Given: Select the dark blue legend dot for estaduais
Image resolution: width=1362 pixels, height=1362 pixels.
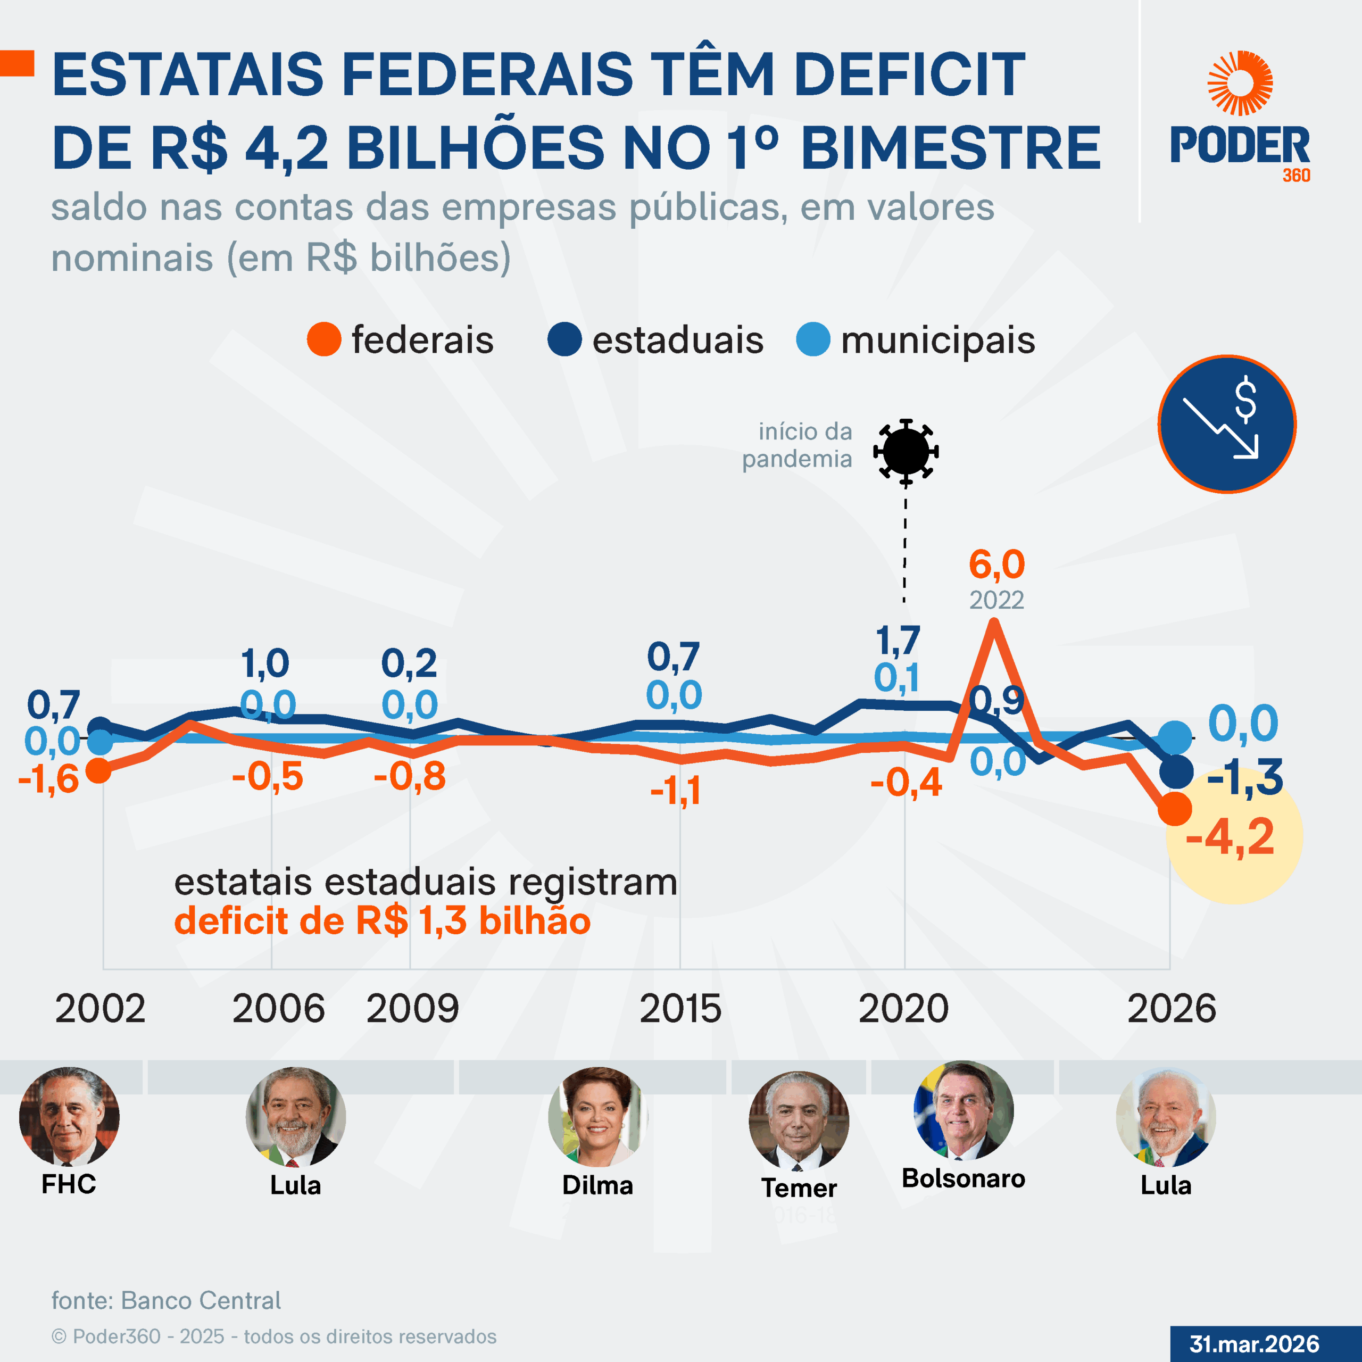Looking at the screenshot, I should tap(564, 340).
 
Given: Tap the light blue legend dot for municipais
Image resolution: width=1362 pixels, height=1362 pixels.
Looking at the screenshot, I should tap(813, 340).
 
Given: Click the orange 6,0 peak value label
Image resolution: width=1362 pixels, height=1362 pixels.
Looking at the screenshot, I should tap(996, 564).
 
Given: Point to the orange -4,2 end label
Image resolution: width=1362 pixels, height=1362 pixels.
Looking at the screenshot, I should tap(1230, 837).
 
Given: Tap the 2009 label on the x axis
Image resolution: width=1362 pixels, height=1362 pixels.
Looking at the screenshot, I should tap(412, 1009).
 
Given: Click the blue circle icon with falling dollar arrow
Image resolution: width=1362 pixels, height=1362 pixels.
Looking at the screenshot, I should tap(1227, 423).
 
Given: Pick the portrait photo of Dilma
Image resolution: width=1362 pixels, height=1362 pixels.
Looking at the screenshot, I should tap(598, 1117).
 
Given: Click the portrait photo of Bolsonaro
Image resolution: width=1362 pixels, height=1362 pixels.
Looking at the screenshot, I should tap(963, 1111).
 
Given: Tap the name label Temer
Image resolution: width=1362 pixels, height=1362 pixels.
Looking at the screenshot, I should tap(799, 1188).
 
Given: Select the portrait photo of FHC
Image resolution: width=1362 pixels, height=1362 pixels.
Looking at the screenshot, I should tap(69, 1117).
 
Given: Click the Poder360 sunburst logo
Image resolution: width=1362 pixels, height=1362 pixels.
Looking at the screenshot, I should tap(1240, 83).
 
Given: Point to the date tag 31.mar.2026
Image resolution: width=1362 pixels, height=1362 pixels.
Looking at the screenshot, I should tap(1254, 1344).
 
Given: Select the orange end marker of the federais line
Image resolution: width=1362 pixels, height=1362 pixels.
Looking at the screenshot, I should tap(1175, 809).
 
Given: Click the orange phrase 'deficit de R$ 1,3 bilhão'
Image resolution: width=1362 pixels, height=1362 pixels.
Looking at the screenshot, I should tap(382, 921).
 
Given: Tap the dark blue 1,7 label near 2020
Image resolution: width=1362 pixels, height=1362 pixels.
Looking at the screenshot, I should tap(898, 641).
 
